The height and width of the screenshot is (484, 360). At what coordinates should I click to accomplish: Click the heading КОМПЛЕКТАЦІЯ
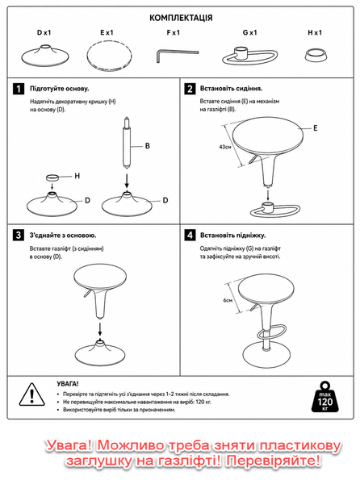point(181,18)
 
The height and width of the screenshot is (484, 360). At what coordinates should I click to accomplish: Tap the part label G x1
point(249,32)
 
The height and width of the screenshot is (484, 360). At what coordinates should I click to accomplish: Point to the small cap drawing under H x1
point(316,55)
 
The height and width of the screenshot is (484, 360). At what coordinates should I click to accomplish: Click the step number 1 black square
point(19,89)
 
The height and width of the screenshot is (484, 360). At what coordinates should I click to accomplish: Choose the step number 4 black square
point(190,236)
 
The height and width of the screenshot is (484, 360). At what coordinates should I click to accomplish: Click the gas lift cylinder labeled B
point(127,143)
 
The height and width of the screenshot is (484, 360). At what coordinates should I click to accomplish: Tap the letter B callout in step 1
point(147,146)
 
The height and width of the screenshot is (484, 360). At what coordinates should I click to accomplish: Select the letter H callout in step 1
point(77,176)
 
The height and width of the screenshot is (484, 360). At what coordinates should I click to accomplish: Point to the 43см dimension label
point(225,147)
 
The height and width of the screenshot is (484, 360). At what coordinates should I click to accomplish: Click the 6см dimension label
point(228,300)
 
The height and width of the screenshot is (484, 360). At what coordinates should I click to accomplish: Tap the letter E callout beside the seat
point(316,128)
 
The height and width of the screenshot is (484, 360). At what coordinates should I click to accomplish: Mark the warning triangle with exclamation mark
point(32,394)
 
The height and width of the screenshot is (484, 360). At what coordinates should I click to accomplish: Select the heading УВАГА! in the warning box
point(68,384)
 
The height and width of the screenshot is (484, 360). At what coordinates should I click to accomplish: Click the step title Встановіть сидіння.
point(231,89)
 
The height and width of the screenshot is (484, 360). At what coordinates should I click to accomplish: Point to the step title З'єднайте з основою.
point(63,236)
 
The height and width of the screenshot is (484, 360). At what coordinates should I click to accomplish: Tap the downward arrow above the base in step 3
point(100,329)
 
